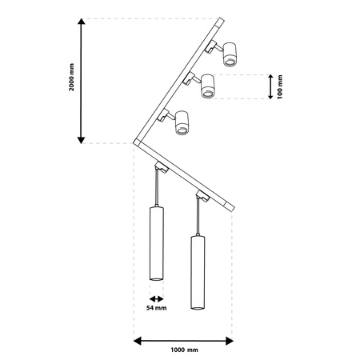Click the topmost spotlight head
(x=230, y=54)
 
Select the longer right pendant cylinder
(x=197, y=273)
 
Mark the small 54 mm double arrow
(x=156, y=294)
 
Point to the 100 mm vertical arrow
(x=271, y=86)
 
